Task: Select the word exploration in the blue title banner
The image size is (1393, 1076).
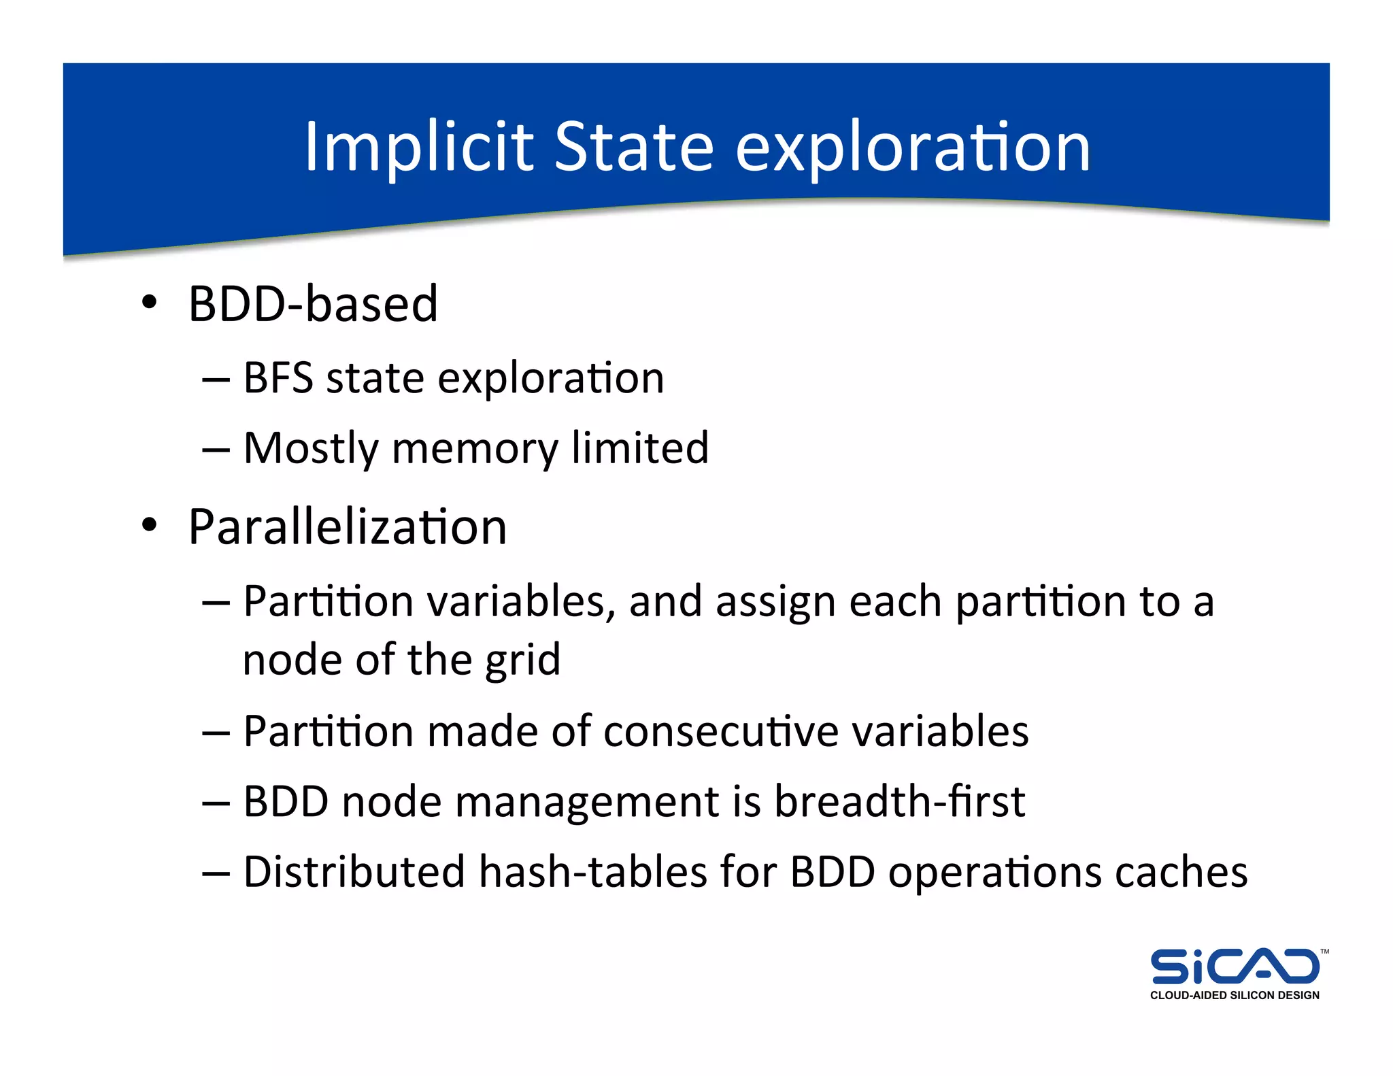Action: pyautogui.click(x=912, y=148)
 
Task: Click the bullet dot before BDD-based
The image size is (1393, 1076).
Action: pyautogui.click(x=150, y=301)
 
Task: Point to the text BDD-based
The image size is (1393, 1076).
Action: pyautogui.click(x=313, y=303)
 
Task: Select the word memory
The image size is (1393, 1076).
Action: pyautogui.click(x=474, y=449)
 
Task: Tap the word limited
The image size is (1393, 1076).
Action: pyautogui.click(x=639, y=448)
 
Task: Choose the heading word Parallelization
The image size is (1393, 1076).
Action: pyautogui.click(x=348, y=527)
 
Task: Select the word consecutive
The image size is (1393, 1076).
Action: pyautogui.click(x=720, y=731)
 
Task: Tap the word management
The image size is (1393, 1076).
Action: pyautogui.click(x=586, y=803)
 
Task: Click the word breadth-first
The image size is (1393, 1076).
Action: pyautogui.click(x=899, y=801)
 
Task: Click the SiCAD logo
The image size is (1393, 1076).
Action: pyautogui.click(x=1235, y=966)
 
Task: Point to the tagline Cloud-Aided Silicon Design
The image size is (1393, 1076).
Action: pyautogui.click(x=1235, y=995)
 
